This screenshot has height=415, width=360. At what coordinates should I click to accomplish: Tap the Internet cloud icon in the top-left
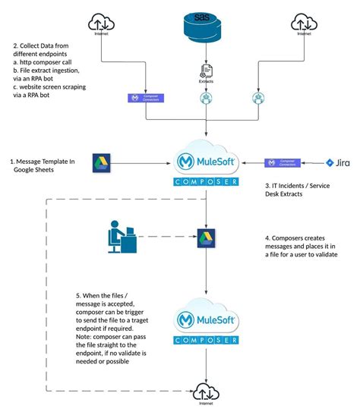click(x=100, y=22)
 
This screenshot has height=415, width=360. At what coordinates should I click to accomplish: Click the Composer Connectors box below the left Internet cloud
click(x=145, y=99)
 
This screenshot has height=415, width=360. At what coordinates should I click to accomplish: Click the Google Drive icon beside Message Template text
click(x=101, y=162)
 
